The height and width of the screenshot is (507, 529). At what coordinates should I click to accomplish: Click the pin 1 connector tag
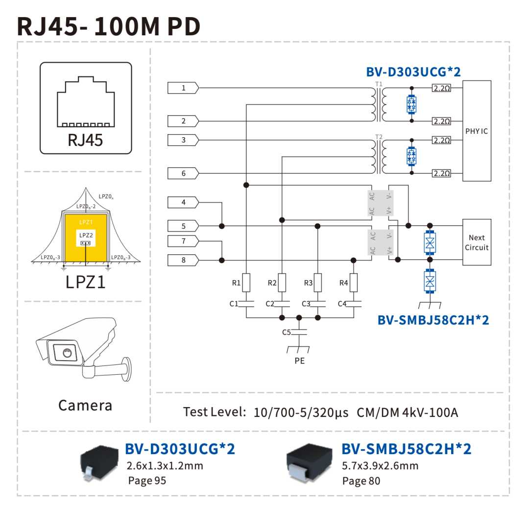point(183,88)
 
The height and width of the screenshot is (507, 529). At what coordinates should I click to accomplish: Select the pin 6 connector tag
point(183,173)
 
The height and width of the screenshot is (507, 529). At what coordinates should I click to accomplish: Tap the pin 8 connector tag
point(183,260)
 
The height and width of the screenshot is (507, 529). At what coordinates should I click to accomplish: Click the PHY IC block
point(477,131)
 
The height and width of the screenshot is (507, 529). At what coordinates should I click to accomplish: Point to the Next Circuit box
point(477,242)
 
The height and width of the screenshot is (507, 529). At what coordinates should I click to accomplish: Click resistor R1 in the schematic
point(246,283)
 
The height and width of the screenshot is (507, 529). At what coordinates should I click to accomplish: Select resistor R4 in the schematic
point(354,283)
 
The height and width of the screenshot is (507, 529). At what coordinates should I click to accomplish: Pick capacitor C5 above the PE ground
point(299,332)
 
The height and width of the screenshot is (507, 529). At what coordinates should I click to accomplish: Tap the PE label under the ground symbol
point(300,361)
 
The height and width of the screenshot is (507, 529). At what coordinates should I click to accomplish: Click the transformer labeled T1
point(379,104)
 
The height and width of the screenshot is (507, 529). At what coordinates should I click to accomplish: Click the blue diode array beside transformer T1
point(411,104)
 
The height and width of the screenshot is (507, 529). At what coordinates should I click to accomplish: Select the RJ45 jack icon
point(86,102)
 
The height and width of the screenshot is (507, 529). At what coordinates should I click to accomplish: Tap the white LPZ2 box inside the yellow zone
point(86,238)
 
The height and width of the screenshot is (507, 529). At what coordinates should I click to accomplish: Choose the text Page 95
point(147,481)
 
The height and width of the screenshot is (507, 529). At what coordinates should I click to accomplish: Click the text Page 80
point(361,481)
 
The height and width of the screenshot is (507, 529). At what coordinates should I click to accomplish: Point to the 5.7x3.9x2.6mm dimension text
point(380,466)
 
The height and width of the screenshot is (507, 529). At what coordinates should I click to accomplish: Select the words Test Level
point(215,412)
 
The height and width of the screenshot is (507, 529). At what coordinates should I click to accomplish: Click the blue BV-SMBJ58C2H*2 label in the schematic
point(433,320)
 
